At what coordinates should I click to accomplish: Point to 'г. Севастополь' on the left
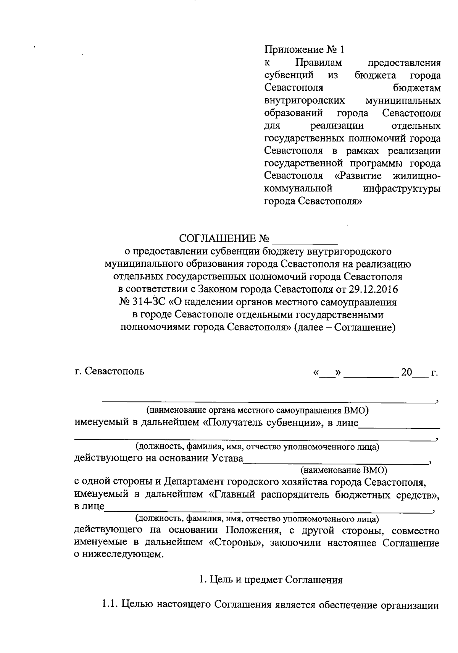tap(110, 371)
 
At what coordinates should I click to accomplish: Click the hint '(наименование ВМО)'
tap(343, 469)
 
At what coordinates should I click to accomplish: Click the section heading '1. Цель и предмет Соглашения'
tap(271, 580)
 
